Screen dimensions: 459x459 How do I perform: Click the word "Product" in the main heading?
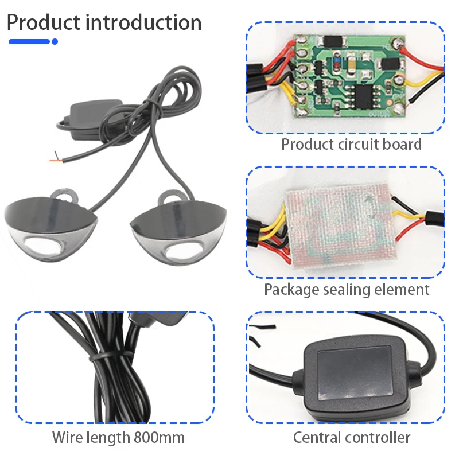tap(43, 23)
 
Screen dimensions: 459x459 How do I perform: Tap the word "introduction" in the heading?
tap(143, 23)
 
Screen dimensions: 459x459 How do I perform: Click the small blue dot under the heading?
tap(55, 41)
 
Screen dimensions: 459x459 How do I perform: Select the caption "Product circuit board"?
tap(351, 144)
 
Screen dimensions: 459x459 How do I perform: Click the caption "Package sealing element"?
tap(347, 290)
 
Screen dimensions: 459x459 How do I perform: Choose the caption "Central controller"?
tap(352, 438)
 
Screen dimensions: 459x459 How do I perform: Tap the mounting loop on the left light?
tap(68, 196)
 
